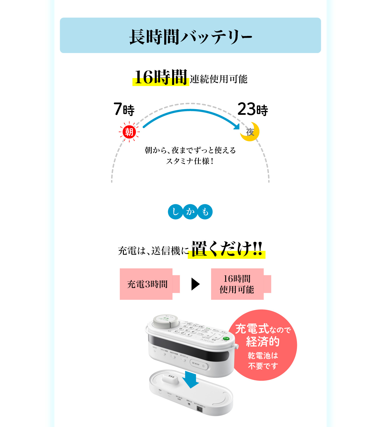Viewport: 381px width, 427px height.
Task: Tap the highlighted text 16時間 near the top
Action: [161, 77]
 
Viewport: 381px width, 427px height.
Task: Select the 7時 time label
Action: [124, 109]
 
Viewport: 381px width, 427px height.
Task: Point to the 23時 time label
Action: [253, 109]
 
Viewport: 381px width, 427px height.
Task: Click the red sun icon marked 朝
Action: [129, 132]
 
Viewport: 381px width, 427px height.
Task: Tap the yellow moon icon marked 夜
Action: [250, 132]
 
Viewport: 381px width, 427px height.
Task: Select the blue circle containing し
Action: [175, 212]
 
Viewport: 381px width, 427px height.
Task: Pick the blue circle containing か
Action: [190, 212]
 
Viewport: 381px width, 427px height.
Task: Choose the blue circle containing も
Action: [205, 212]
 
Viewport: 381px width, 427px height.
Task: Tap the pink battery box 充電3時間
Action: [147, 284]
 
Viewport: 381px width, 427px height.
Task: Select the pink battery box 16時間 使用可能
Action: [237, 284]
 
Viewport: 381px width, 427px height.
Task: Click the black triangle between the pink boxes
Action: [196, 284]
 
